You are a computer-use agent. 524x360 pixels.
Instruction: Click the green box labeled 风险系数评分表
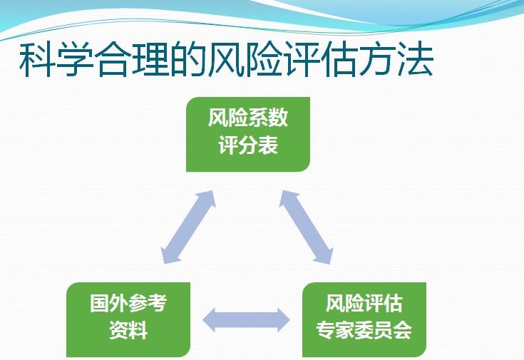248,134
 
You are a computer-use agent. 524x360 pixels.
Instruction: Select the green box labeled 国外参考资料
128,319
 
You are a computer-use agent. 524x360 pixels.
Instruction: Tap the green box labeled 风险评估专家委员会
364,319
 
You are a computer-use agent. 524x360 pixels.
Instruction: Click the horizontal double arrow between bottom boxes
246,320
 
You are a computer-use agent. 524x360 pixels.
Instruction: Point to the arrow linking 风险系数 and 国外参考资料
188,227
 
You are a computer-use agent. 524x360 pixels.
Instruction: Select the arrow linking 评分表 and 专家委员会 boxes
307,227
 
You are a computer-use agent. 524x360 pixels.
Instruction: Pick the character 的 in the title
190,59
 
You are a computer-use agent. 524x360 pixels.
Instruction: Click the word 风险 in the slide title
246,59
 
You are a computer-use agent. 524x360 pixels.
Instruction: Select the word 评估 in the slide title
321,59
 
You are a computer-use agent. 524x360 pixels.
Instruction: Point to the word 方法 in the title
396,59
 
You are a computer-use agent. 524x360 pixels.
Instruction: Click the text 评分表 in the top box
248,145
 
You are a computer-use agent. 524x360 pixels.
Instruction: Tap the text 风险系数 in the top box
248,118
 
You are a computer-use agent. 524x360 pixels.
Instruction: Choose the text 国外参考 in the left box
128,303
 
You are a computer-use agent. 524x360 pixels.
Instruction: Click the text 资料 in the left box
128,330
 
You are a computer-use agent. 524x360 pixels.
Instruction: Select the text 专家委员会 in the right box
364,330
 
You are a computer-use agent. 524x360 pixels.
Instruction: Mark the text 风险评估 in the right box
364,303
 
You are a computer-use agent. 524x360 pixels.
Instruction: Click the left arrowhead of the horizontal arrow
210,320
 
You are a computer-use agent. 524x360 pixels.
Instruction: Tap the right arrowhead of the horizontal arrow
283,320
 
